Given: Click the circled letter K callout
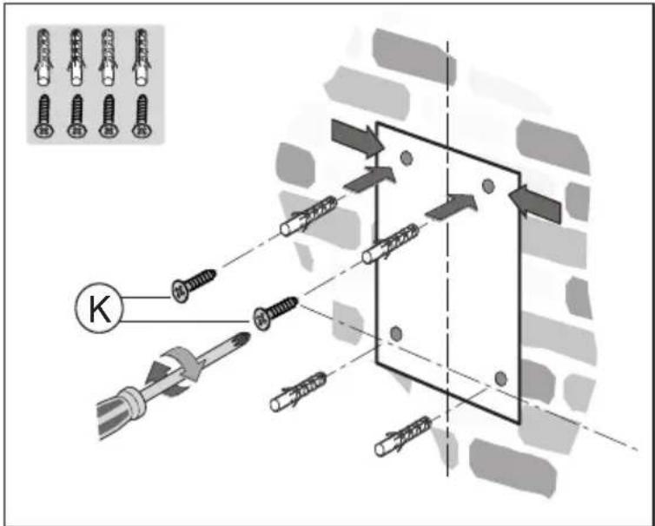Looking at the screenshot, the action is (x=98, y=308).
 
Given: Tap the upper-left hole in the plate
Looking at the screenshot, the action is (x=406, y=158).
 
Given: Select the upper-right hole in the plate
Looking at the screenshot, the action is (x=488, y=186).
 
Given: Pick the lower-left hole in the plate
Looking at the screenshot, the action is (x=395, y=333).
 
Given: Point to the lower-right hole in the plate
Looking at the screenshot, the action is (x=500, y=378).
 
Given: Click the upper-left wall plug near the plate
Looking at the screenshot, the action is (x=308, y=216).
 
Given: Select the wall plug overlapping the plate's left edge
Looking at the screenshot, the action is (x=390, y=244).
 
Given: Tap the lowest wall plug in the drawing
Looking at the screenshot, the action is (x=403, y=437).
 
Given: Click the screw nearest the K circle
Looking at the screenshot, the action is (x=194, y=286).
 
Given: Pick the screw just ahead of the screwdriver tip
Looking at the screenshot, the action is (x=275, y=313).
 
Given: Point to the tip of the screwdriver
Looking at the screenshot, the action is (x=249, y=335).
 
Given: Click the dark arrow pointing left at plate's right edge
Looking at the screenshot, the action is (x=535, y=203).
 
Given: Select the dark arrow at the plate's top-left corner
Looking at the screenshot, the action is (x=358, y=138).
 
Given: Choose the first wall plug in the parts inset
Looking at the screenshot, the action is (x=44, y=57).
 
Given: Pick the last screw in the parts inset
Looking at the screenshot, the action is (x=142, y=116).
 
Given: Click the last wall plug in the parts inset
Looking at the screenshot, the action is (x=142, y=57).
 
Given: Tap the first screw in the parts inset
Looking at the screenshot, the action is (x=44, y=116).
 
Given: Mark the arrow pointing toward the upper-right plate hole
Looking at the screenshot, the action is (x=452, y=207).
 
